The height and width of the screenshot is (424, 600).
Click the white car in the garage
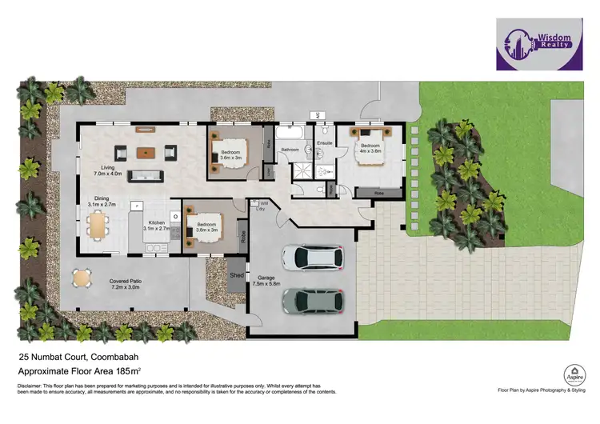313,257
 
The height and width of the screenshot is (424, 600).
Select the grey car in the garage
313,300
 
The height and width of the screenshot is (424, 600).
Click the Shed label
237,275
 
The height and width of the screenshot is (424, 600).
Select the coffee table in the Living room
145,151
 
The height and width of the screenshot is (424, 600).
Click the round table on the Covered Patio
82,278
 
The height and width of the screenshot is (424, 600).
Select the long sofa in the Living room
146,176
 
